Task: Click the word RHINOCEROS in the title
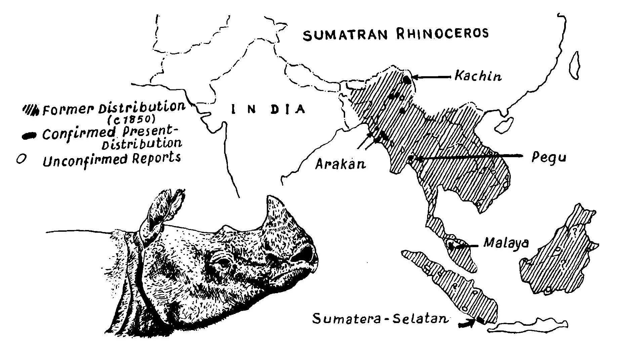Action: [x=442, y=33]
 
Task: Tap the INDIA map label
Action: [x=268, y=109]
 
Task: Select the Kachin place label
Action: [x=478, y=76]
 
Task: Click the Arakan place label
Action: [x=340, y=165]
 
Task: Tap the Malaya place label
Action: [x=506, y=243]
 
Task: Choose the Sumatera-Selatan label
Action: [x=380, y=318]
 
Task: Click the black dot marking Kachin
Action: [x=407, y=80]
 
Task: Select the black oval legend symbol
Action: [x=29, y=135]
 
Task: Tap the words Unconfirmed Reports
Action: [x=112, y=160]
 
